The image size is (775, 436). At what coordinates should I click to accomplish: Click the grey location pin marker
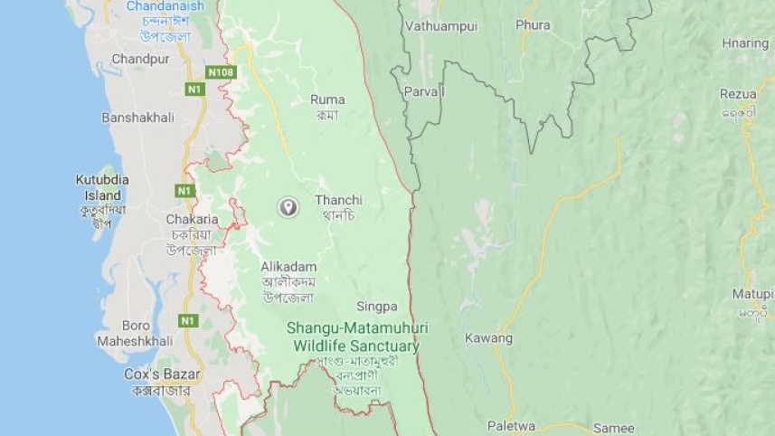(288, 207)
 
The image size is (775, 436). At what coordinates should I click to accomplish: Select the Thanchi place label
(338, 200)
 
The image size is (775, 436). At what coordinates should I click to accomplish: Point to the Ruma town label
(327, 100)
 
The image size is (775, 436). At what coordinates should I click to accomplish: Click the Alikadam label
(288, 266)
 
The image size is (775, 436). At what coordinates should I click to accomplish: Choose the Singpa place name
(376, 307)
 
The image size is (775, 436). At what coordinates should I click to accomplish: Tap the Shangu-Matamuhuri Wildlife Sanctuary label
(356, 336)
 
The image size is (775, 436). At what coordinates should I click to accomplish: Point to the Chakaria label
(191, 219)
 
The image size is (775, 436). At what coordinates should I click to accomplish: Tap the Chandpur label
(140, 59)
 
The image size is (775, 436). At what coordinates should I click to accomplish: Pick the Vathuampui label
(440, 26)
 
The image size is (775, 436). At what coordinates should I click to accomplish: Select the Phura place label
(533, 25)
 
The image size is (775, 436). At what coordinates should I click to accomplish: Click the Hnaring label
(744, 43)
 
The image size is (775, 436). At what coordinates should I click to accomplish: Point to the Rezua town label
(737, 94)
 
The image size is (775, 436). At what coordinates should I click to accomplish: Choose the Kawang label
(488, 338)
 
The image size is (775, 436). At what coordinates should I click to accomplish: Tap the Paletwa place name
(511, 425)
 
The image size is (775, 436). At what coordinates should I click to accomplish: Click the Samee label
(613, 428)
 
